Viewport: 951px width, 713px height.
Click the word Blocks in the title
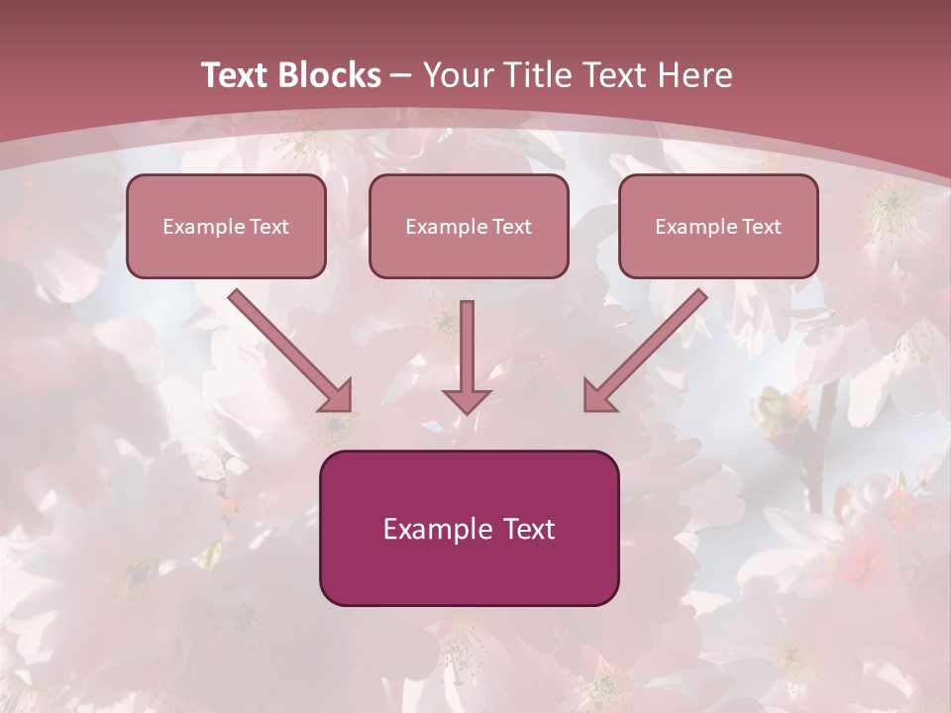329,75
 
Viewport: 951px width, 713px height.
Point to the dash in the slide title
401,75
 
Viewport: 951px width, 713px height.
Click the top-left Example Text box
226,226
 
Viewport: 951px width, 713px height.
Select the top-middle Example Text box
469,226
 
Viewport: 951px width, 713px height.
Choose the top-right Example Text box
718,226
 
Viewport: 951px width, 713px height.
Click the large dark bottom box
469,528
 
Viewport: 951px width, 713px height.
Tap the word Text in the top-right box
761,227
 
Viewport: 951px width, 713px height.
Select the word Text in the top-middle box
511,227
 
